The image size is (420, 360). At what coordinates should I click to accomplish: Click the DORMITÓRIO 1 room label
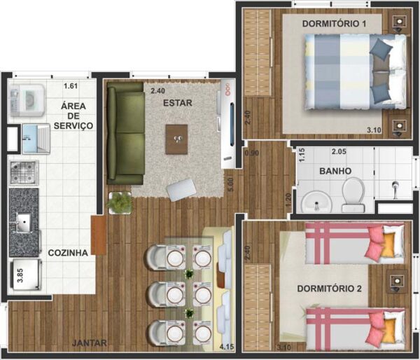click(335, 24)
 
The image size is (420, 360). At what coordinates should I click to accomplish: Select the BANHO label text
click(335, 171)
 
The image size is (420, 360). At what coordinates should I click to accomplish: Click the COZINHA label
click(68, 253)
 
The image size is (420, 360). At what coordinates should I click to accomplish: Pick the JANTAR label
click(89, 342)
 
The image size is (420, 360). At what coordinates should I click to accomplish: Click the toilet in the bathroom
click(353, 193)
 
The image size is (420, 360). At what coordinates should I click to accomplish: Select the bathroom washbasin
click(315, 201)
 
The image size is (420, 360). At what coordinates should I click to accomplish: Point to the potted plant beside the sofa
click(120, 203)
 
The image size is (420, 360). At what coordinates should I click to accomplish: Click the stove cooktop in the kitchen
click(23, 172)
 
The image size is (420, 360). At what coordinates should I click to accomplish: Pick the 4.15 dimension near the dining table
click(226, 347)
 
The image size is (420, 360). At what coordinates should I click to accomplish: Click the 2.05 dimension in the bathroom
click(339, 151)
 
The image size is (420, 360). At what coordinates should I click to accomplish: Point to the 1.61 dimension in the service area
click(70, 86)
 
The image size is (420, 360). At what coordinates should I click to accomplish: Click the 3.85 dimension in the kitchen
click(20, 275)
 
